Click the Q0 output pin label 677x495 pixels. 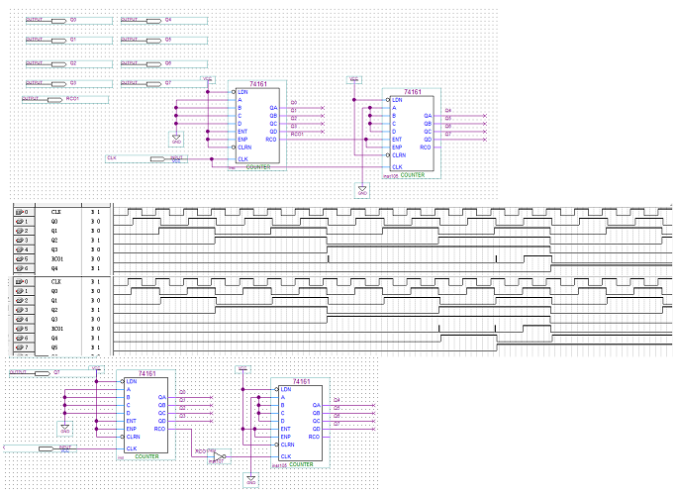click(73, 20)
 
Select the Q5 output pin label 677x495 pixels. click(168, 39)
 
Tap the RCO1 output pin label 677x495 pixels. click(71, 99)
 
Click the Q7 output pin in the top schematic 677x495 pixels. click(168, 82)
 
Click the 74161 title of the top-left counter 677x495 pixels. click(257, 84)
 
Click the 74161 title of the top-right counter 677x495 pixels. click(412, 92)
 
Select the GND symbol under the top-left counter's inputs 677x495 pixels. click(176, 140)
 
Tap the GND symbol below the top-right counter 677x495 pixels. click(362, 191)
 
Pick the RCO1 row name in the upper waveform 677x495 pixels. click(56, 259)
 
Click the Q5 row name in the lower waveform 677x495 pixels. click(56, 347)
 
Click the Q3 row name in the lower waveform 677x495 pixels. click(56, 319)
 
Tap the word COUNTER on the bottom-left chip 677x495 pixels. click(147, 455)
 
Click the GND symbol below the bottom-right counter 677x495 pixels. click(251, 481)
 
